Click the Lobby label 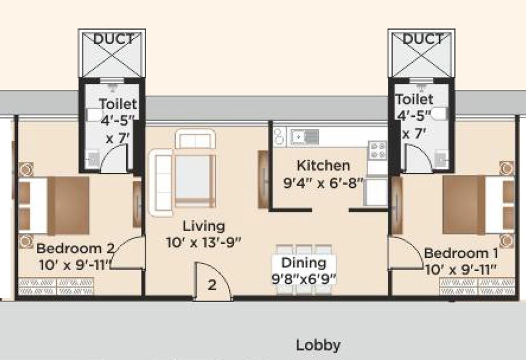click(318, 345)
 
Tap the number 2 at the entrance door click(211, 285)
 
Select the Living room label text click(204, 227)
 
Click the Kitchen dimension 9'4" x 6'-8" click(323, 184)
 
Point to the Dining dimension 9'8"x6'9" click(304, 279)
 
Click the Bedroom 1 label click(461, 252)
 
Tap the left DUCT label click(113, 39)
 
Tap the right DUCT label click(422, 39)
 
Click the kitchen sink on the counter click(304, 137)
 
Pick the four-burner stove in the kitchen click(377, 150)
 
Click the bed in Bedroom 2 click(53, 205)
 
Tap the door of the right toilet click(416, 158)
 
